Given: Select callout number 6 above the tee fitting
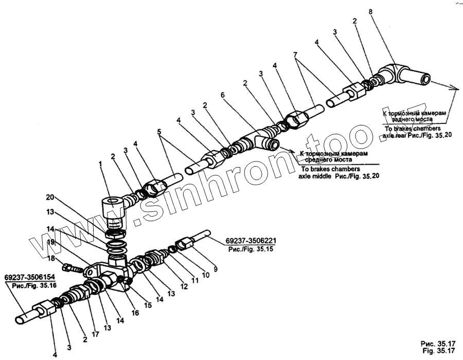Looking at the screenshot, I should click(223, 95).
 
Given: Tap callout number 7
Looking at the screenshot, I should click(295, 55).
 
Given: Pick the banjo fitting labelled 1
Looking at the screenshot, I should click(113, 211).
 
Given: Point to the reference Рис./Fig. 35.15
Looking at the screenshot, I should click(250, 249).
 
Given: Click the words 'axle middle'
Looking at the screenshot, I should click(315, 175).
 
